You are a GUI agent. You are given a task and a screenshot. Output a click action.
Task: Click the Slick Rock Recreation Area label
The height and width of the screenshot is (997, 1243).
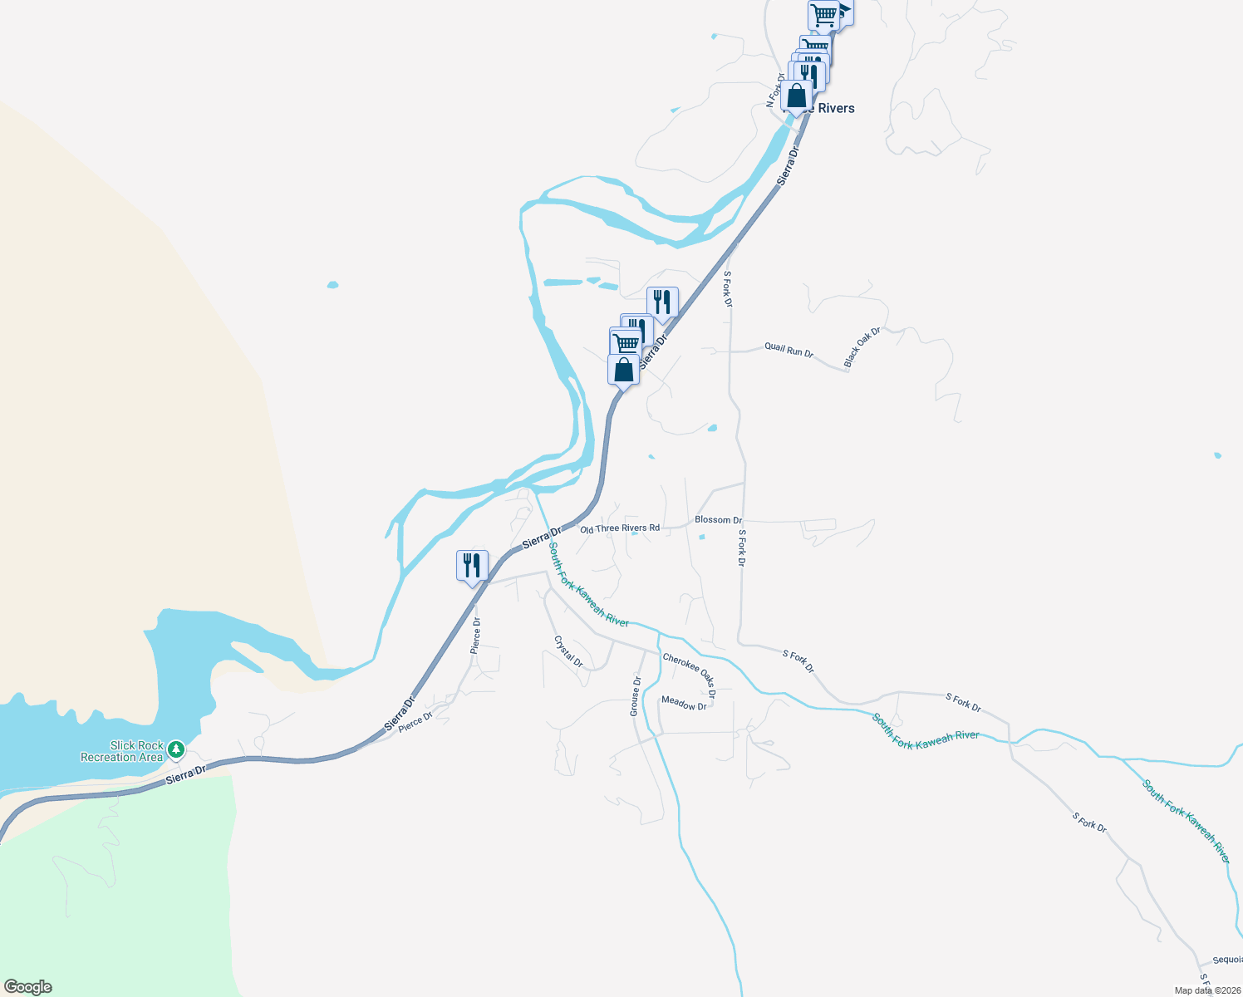(121, 751)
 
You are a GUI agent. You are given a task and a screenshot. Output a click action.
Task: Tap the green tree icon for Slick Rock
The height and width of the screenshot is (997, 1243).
(175, 749)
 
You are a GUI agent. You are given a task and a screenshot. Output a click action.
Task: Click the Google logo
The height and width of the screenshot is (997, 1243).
(28, 987)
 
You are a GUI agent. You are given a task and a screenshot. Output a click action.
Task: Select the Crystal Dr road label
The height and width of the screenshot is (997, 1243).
(569, 651)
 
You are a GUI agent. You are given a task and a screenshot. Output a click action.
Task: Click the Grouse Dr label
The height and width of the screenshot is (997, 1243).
(636, 696)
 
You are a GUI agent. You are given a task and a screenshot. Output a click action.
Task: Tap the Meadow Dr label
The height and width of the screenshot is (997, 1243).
(684, 704)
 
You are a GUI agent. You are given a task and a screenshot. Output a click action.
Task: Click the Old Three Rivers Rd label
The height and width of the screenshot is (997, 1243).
(620, 528)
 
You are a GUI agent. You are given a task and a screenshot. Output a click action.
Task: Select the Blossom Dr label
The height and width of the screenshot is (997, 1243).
(718, 520)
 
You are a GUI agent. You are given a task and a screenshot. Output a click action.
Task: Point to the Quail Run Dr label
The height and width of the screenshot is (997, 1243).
(789, 351)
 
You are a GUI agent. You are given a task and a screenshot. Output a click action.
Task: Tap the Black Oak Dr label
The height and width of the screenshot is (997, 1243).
(862, 347)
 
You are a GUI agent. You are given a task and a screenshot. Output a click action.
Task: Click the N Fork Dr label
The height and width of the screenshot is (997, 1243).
(774, 91)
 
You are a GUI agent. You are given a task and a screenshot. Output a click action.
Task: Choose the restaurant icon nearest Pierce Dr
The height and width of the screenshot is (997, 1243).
(472, 566)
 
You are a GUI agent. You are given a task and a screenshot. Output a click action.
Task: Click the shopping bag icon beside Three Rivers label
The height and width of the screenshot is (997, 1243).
(796, 96)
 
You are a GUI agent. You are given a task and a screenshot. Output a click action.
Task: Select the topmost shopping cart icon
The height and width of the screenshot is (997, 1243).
(823, 14)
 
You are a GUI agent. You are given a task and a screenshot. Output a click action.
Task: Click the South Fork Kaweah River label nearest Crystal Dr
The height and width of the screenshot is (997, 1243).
(588, 585)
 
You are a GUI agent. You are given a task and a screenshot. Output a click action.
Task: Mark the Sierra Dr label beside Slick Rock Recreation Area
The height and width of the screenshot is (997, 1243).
(185, 776)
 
